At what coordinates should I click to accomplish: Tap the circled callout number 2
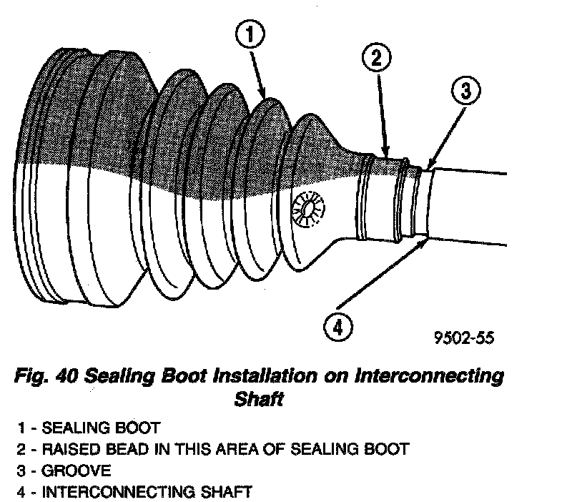tap(375, 58)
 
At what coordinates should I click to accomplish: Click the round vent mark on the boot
tap(310, 209)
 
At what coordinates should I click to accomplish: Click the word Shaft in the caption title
tap(260, 399)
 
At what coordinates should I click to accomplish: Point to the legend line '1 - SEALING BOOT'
tap(89, 428)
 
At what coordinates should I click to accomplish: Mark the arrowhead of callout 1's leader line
tap(266, 97)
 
